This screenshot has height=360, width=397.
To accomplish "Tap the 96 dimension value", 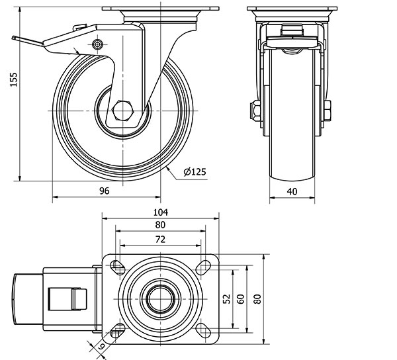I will pyautogui.click(x=104, y=191).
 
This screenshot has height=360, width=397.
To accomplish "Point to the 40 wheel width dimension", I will pyautogui.click(x=291, y=191).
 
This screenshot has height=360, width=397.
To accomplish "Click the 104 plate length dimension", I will pyautogui.click(x=160, y=212).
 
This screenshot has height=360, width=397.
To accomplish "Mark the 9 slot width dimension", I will pyautogui.click(x=101, y=346).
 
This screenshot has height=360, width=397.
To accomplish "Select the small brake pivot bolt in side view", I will pyautogui.click(x=99, y=45).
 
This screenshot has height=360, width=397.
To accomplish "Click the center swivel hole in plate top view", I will pyautogui.click(x=160, y=299).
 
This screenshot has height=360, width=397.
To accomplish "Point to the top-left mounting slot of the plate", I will pyautogui.click(x=118, y=266).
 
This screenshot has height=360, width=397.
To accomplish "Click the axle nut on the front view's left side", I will pyautogui.click(x=254, y=111).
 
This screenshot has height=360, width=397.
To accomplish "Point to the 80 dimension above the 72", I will pyautogui.click(x=160, y=225).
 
